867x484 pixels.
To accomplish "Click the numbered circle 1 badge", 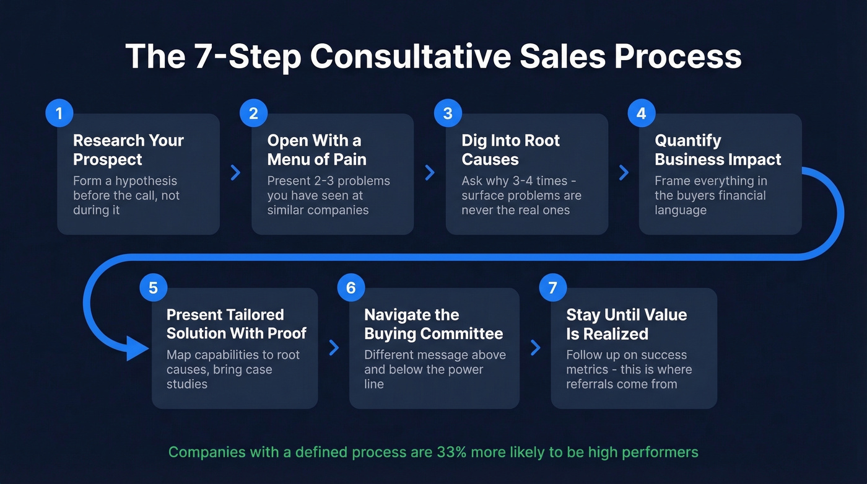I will [x=59, y=113].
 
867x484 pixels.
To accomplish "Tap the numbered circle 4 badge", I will [x=642, y=113].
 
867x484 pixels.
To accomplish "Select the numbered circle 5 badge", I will [x=154, y=288].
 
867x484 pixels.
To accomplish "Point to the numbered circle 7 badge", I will [x=553, y=288].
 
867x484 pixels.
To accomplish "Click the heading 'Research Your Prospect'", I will [x=128, y=150].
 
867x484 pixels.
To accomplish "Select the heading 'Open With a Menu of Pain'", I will [x=316, y=150].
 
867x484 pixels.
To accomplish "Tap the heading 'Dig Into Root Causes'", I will [x=510, y=150].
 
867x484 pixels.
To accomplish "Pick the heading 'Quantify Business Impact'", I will [x=718, y=150].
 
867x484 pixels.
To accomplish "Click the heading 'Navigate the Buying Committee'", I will [x=434, y=324].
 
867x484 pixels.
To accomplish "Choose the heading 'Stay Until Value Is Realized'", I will [x=626, y=324].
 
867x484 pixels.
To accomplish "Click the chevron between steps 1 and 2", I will [x=235, y=172].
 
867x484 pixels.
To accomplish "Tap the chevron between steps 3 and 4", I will [x=624, y=172].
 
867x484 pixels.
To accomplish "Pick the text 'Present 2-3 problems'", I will [x=328, y=181].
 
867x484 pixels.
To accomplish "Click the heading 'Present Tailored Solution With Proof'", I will [x=236, y=324].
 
